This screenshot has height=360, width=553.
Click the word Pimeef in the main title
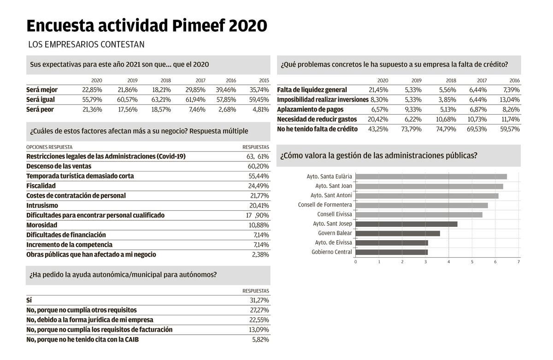(199, 26)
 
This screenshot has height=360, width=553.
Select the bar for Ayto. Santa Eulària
(431, 177)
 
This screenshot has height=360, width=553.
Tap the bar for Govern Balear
(397, 233)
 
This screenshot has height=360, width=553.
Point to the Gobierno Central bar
(391, 252)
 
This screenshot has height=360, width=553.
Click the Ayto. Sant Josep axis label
(332, 224)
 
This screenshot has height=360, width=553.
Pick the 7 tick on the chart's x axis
(518, 262)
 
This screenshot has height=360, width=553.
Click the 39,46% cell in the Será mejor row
(226, 90)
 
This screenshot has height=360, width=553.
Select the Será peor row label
(40, 110)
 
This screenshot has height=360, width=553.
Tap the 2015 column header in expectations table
(264, 81)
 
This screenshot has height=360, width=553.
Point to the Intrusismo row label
(42, 206)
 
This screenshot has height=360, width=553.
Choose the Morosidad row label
(41, 225)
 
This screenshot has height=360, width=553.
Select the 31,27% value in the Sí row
(259, 301)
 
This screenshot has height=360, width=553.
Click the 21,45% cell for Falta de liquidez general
(378, 90)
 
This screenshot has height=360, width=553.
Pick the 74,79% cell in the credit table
(446, 130)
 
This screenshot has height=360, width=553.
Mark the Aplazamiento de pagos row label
(310, 110)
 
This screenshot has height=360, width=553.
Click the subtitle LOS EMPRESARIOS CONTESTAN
(86, 45)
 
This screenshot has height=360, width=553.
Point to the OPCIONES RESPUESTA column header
(49, 148)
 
